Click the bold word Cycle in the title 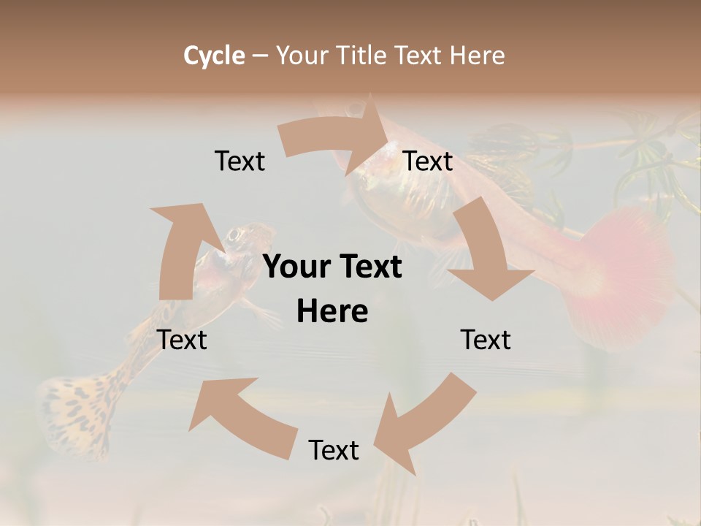pos(214,56)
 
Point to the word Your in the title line pos(301,56)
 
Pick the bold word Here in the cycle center pos(332,311)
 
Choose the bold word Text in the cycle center pos(368,267)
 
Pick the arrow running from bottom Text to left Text pos(241,416)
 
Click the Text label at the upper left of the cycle pos(240,161)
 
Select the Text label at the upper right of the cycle pos(428,161)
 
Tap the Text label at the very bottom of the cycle pos(334,450)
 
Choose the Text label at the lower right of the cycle pos(486,340)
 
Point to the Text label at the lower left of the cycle pos(182,340)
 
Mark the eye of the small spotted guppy pos(235,235)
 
